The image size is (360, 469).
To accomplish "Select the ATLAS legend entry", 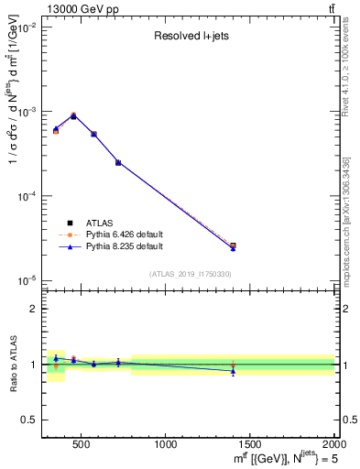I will tap(102, 223).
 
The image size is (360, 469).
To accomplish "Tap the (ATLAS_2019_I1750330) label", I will tap(190, 274).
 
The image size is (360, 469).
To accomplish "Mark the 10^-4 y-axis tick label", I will tap(28, 196).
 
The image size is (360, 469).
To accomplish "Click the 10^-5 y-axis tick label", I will tap(28, 280).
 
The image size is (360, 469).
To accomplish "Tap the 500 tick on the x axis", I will tap(81, 444).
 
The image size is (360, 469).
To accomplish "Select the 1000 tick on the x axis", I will tap(166, 444).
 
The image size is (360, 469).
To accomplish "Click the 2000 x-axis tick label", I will tap(333, 444).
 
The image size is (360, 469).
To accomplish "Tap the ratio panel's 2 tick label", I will tap(33, 309).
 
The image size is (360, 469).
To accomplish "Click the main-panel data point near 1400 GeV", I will tap(233, 245).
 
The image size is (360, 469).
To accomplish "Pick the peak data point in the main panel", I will tap(73, 115).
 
